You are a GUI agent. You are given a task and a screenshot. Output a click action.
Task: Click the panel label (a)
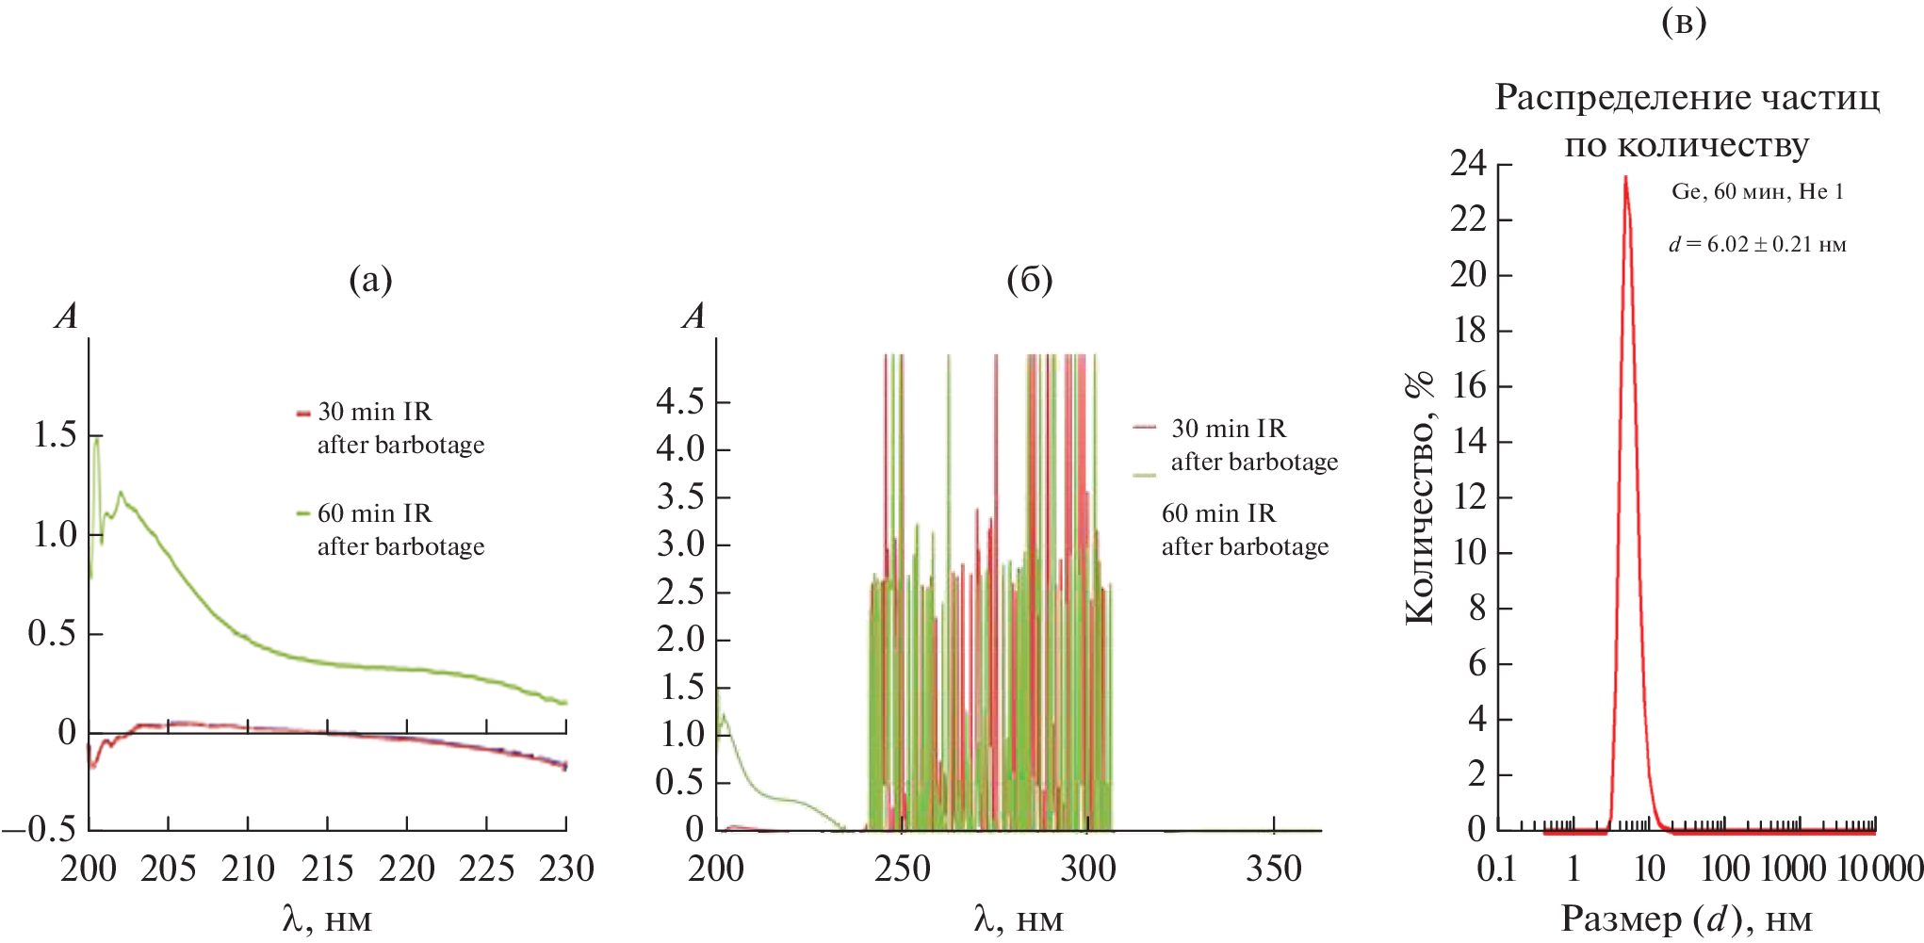click(x=370, y=280)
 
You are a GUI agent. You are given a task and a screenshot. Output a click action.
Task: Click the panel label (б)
click(x=1029, y=280)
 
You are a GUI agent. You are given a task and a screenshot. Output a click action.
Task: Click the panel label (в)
click(x=1684, y=22)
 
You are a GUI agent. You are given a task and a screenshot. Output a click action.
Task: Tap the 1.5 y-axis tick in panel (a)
click(x=55, y=435)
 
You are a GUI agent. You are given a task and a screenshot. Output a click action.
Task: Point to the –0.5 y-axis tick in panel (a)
click(x=40, y=829)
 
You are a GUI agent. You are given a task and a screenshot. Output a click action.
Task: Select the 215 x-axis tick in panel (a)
click(x=327, y=869)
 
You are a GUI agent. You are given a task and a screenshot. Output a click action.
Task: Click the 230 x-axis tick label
click(x=566, y=869)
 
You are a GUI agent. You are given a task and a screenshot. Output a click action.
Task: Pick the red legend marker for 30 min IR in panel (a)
click(x=303, y=413)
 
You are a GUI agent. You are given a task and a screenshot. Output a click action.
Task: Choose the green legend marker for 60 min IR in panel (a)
click(x=303, y=513)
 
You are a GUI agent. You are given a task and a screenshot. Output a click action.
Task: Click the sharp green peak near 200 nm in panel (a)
click(x=96, y=437)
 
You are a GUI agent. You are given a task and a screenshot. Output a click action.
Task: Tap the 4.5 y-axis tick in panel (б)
click(x=680, y=402)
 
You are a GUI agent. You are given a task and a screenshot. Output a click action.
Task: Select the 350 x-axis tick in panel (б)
click(x=1274, y=869)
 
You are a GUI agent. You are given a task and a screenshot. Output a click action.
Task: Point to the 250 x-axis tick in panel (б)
click(x=902, y=869)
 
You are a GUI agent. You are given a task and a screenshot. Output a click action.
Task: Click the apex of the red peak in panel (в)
click(x=1625, y=177)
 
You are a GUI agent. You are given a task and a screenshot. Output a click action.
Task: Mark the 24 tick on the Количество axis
click(x=1468, y=164)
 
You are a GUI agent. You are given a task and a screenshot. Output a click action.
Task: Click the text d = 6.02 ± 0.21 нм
click(x=1757, y=245)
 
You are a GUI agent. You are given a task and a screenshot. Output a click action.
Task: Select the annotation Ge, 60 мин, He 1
click(x=1757, y=192)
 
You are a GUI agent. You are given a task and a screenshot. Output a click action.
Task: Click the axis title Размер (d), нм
click(x=1687, y=919)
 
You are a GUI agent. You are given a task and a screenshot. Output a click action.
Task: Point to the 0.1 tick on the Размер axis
click(x=1496, y=869)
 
